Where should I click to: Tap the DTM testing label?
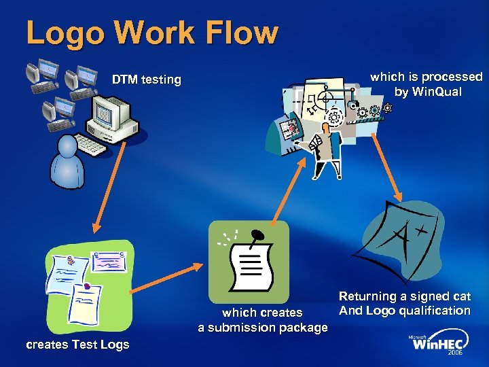click(147, 80)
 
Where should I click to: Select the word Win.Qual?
click(437, 92)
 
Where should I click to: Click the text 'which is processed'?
click(426, 77)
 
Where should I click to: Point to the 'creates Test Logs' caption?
click(77, 345)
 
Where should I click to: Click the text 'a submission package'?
click(262, 328)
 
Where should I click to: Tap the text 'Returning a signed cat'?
click(404, 296)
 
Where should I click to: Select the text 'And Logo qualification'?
click(404, 311)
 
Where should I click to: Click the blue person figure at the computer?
click(68, 163)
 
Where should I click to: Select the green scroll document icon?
click(249, 262)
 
